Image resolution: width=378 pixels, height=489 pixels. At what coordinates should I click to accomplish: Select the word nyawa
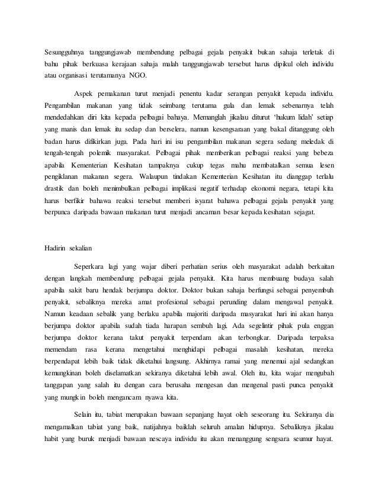point(155,416)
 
